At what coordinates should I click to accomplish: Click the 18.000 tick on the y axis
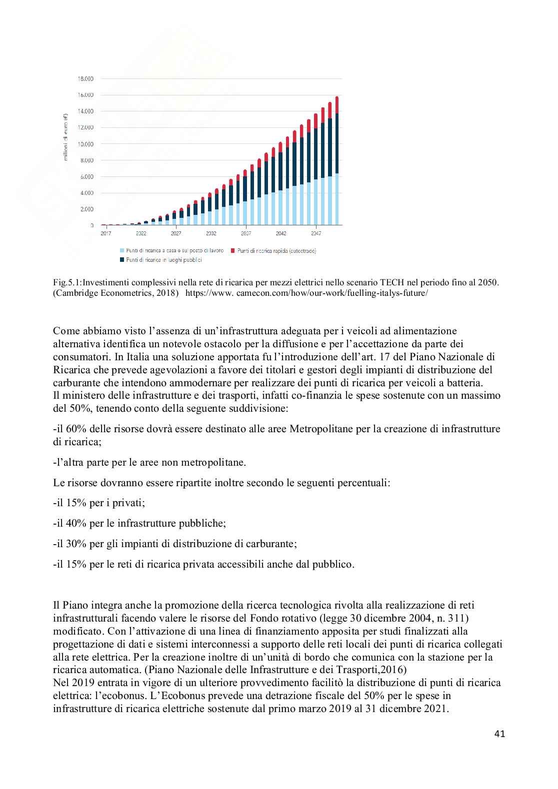coord(86,78)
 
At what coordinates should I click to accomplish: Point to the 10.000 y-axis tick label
coord(86,144)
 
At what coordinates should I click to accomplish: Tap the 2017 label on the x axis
coord(106,233)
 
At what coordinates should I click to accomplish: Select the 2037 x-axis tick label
coord(246,233)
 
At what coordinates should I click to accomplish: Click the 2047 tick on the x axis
coord(316,233)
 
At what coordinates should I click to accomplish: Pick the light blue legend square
coord(121,250)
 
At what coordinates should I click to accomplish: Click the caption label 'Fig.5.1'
coord(67,283)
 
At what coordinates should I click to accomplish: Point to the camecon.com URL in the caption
coord(306,293)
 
